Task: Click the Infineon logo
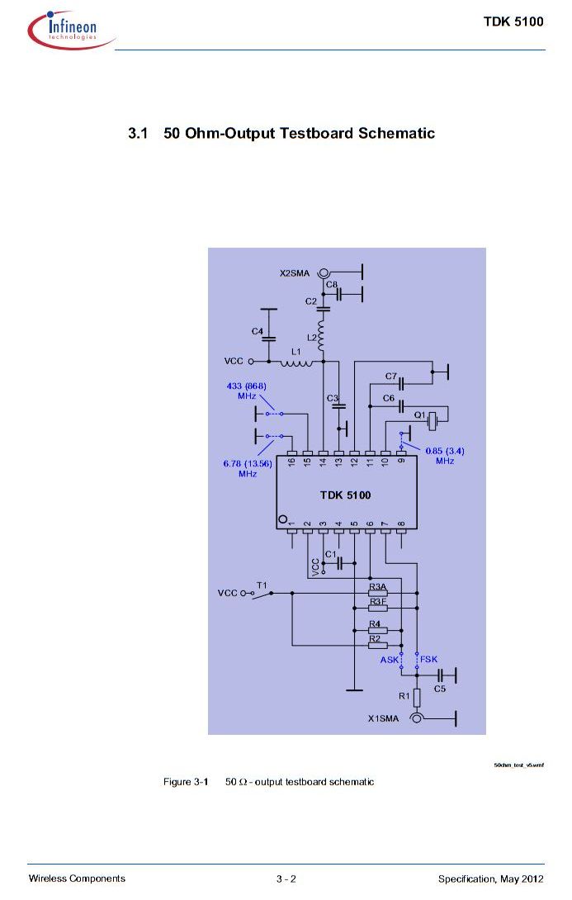pos(71,29)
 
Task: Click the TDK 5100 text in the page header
pos(513,21)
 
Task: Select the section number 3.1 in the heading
pos(138,134)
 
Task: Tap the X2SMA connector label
pos(295,273)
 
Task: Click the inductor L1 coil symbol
pos(296,362)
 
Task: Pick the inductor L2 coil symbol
pos(321,334)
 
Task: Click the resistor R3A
pos(377,593)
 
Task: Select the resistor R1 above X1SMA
pos(417,698)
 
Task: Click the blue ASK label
pos(389,660)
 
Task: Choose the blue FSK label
pos(428,660)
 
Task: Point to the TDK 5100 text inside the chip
pos(345,495)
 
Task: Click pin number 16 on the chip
pos(291,461)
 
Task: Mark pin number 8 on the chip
pos(401,524)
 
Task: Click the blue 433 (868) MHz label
pos(247,391)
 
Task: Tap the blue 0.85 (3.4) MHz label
pos(445,456)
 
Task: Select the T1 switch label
pos(262,585)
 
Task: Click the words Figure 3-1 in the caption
pos(186,782)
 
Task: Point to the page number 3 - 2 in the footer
pos(286,879)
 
